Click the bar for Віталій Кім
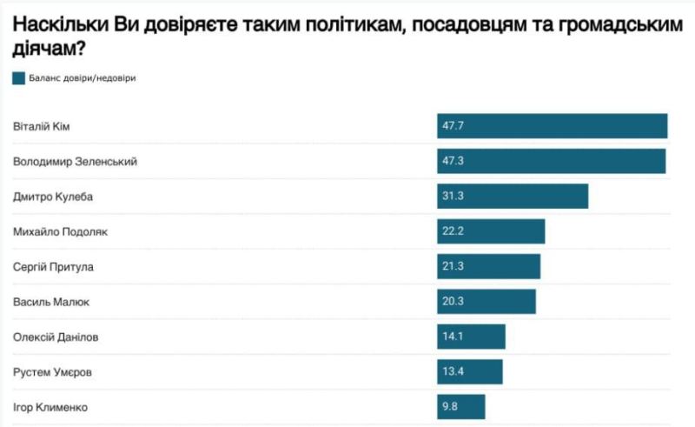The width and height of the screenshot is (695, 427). pos(552,126)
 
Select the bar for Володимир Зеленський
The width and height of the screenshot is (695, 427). pos(551,161)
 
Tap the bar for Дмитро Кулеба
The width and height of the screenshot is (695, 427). pos(513,197)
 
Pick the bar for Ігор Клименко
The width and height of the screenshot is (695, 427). pos(460,406)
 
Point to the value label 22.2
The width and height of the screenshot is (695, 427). pos(453,231)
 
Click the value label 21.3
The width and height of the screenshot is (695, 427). pos(453,266)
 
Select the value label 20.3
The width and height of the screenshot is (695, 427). pos(453,302)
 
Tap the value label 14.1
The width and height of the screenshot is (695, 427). pos(453,337)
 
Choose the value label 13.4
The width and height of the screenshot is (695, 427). pos(453,371)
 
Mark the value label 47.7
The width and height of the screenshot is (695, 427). pos(453,126)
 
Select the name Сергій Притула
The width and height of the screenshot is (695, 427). pos(53,266)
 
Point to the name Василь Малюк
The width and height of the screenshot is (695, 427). pos(51,302)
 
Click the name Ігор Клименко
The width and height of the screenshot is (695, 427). pos(50,406)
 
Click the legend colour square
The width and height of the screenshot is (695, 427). pos(19,78)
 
